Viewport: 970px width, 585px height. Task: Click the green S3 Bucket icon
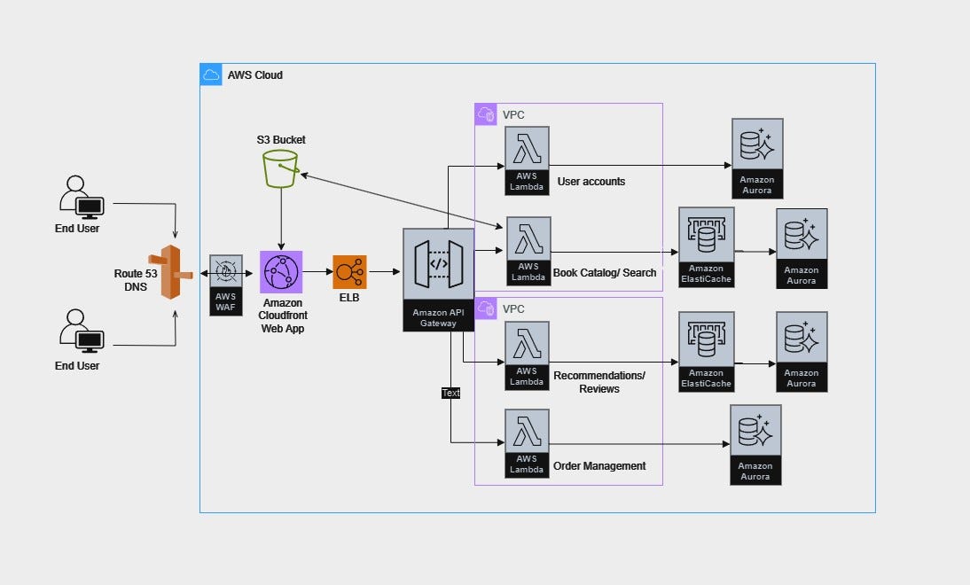(281, 168)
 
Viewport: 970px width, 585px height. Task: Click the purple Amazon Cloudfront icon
(281, 271)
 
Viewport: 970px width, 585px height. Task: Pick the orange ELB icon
(349, 271)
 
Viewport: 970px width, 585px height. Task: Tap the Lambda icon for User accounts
(527, 149)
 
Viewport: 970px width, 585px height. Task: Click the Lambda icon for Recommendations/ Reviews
(527, 344)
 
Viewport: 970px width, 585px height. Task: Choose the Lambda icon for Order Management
(527, 432)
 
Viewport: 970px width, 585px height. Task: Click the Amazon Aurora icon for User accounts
(757, 144)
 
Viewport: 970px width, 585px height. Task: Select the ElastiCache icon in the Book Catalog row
(706, 235)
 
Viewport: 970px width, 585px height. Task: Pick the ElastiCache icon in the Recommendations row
(706, 339)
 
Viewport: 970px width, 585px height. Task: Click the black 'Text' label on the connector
(450, 393)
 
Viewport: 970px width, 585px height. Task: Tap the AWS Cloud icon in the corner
(211, 74)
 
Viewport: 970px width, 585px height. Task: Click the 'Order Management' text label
(599, 466)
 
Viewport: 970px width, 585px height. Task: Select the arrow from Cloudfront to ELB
(317, 272)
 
